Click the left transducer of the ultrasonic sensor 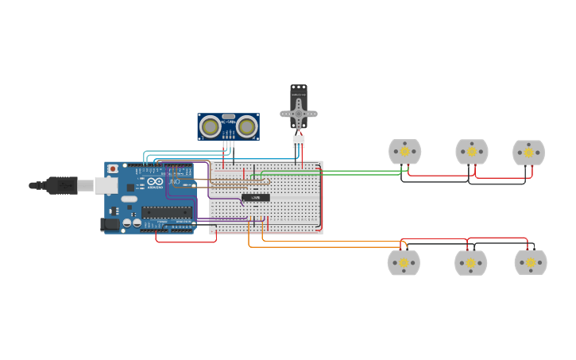(210, 126)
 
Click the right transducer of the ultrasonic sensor (247, 126)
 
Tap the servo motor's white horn (299, 114)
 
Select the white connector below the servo (299, 141)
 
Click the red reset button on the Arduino (113, 168)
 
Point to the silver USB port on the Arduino (106, 185)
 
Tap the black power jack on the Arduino (110, 224)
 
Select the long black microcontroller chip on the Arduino (167, 212)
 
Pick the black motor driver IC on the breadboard (256, 197)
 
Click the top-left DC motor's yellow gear (404, 151)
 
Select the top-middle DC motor (471, 151)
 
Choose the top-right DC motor (528, 152)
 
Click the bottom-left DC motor (404, 262)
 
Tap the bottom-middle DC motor (470, 262)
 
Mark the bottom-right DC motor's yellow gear (530, 262)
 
